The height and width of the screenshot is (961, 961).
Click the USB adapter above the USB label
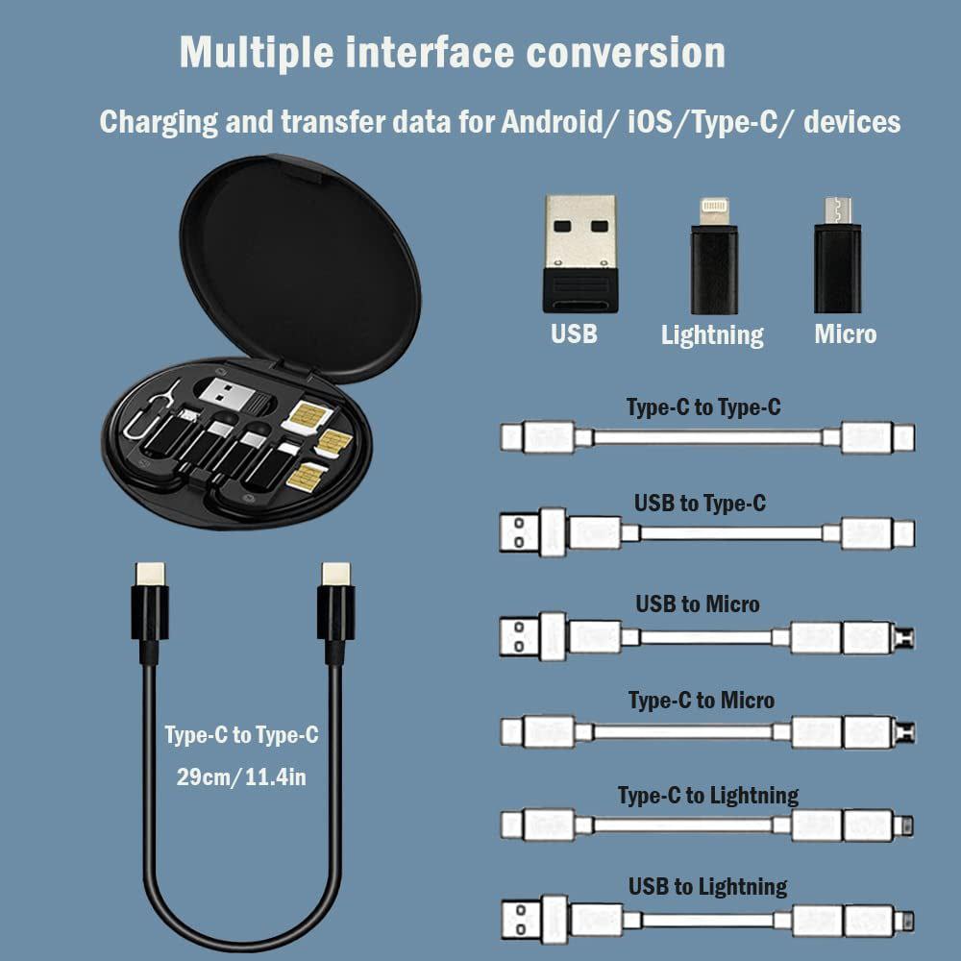[579, 252]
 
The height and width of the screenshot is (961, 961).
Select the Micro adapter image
[837, 255]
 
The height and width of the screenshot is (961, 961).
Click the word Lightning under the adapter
[712, 334]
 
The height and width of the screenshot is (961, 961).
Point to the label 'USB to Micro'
[697, 604]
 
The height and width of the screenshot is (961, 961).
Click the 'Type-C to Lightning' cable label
[707, 795]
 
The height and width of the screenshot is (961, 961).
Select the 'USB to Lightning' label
[707, 886]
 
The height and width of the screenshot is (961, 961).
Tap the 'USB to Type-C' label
[700, 503]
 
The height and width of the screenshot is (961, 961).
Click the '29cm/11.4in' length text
[241, 776]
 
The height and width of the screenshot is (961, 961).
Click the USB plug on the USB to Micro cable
[523, 636]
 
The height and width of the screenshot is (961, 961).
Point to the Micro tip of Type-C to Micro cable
[903, 733]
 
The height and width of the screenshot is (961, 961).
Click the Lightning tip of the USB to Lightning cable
[903, 920]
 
